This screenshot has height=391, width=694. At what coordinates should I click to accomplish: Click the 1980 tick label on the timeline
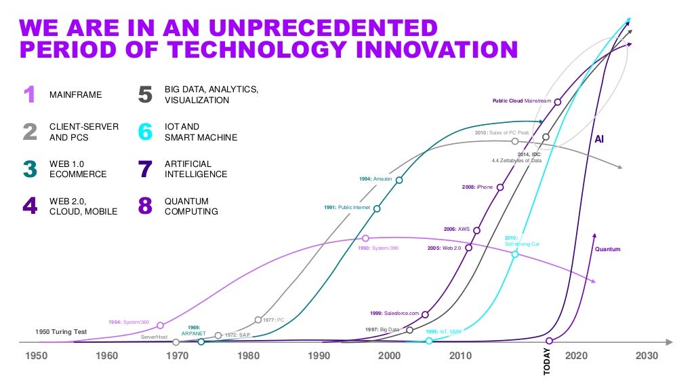(248, 356)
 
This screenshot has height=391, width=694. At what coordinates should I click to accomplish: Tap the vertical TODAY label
(547, 360)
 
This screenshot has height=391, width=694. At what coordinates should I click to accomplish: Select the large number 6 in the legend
(145, 132)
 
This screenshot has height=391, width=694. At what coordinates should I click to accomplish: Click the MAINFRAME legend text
(76, 95)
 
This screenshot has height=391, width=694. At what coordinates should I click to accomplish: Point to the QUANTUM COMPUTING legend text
(191, 206)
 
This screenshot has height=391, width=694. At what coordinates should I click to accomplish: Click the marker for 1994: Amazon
(399, 180)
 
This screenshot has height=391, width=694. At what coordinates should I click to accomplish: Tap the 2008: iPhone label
(478, 187)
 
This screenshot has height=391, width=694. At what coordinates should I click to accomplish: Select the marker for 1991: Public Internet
(377, 208)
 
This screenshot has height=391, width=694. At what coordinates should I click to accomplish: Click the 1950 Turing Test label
(61, 332)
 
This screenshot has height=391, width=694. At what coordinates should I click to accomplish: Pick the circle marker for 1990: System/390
(365, 238)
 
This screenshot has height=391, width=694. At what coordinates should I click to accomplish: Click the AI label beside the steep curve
(599, 139)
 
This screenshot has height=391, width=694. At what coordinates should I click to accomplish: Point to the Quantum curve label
(607, 249)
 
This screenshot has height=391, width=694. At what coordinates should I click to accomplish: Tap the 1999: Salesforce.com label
(395, 313)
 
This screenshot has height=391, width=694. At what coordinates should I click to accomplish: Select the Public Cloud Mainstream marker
(557, 102)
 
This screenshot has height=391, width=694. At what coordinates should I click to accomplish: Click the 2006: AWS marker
(477, 230)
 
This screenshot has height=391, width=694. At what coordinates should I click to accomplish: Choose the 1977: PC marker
(258, 319)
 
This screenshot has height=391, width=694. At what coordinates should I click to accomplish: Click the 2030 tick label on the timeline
(647, 356)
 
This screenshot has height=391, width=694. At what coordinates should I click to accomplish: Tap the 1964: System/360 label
(130, 322)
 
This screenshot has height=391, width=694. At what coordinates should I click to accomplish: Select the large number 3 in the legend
(30, 169)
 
